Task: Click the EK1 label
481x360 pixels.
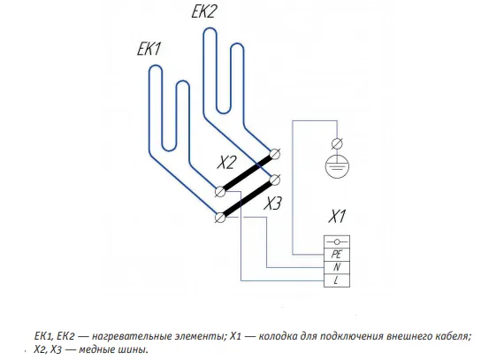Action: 149,50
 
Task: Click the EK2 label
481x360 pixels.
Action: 204,11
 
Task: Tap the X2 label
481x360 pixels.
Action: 227,162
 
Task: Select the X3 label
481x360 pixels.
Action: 272,203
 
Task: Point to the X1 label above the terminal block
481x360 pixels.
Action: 337,216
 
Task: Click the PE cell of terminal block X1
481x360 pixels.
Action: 337,255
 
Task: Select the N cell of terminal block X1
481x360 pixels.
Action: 337,267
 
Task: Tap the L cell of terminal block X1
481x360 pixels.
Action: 337,280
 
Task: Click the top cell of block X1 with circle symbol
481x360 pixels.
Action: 337,241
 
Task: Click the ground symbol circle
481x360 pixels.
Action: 337,166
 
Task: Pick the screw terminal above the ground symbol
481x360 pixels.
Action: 337,143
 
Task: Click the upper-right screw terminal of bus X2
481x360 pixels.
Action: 275,153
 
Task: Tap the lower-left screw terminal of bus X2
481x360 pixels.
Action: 220,192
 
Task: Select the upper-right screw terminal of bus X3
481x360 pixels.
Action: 275,180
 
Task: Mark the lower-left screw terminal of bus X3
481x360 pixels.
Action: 220,218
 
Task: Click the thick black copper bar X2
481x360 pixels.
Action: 248,172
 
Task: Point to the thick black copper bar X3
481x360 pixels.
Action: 248,199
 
